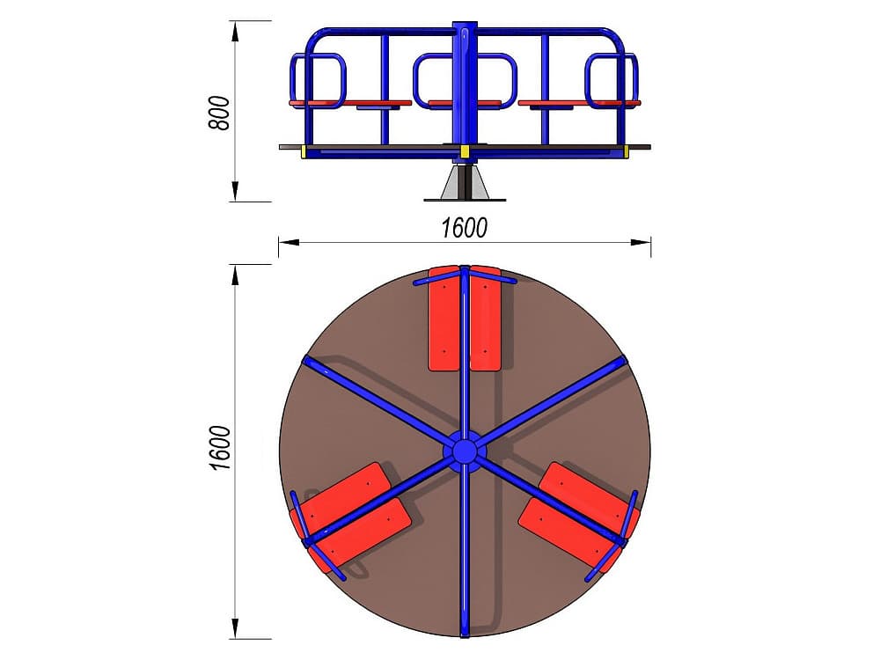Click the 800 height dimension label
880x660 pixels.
[219, 114]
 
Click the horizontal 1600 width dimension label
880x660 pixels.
[464, 228]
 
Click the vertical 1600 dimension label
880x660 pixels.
[220, 448]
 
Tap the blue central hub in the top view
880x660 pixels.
[464, 451]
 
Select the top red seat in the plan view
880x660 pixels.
[465, 319]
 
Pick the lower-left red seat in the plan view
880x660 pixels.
[353, 517]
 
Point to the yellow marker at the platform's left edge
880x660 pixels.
[304, 151]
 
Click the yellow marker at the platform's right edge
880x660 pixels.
[626, 151]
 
